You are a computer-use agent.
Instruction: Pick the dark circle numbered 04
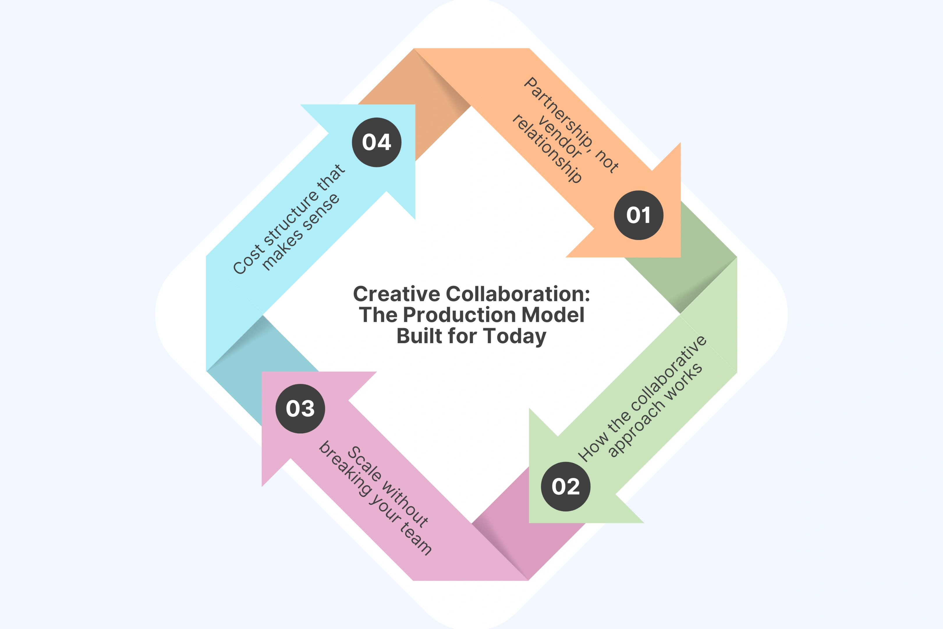[x=377, y=142]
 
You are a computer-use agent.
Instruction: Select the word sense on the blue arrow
[x=320, y=212]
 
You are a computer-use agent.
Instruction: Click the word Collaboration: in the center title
[x=517, y=294]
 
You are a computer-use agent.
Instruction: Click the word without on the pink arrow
[x=405, y=504]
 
